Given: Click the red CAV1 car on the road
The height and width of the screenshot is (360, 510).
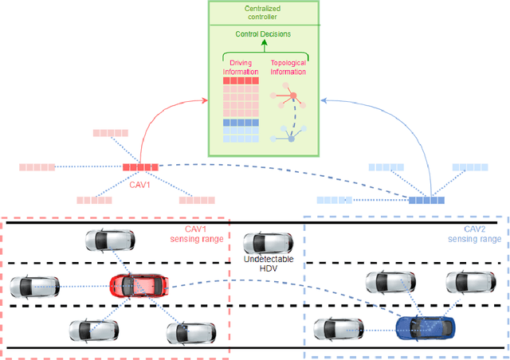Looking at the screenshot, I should click(139, 284).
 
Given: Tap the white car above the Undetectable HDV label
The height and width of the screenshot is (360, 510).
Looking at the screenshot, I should click(262, 243).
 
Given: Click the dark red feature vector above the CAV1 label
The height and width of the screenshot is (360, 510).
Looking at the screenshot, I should click(140, 167).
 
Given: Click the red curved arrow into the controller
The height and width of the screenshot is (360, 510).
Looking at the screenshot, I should click(159, 119).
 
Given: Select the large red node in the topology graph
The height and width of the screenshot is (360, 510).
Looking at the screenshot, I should click(292, 96).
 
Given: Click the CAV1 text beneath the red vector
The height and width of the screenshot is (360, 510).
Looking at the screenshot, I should click(140, 179).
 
